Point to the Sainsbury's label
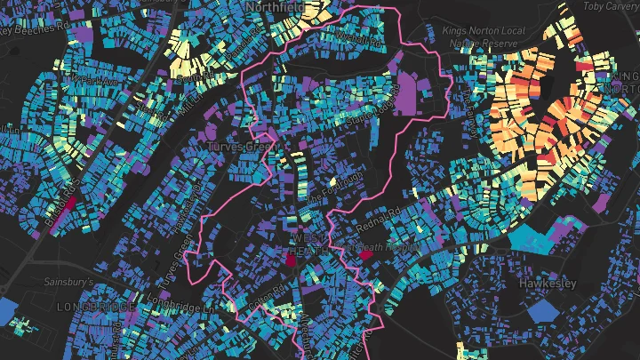point(70,282)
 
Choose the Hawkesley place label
point(548,284)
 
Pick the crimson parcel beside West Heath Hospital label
point(365,255)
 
